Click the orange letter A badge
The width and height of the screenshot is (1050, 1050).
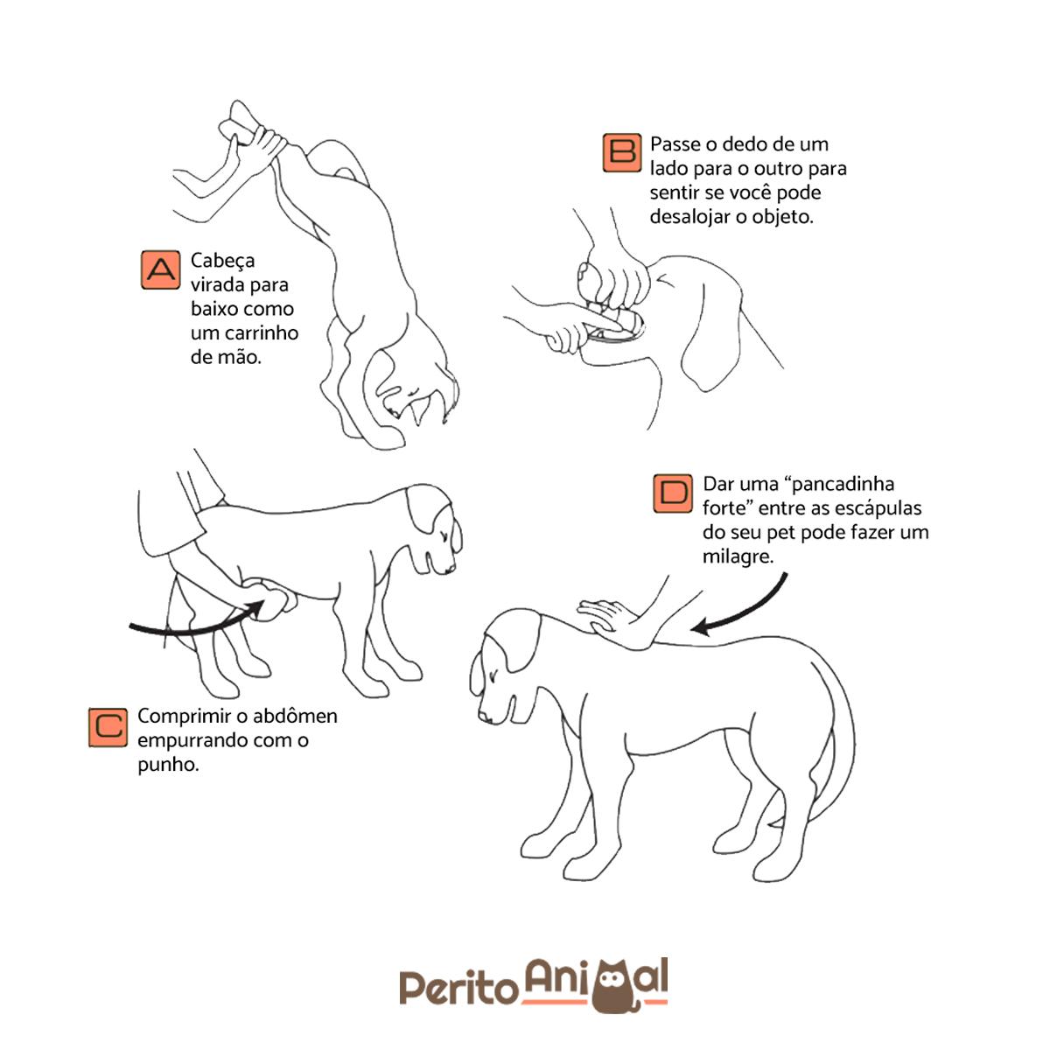[x=160, y=270]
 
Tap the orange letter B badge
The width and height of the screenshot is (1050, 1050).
[x=622, y=153]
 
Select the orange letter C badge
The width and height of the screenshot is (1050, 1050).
[x=108, y=727]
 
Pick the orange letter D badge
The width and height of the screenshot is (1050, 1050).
[x=673, y=493]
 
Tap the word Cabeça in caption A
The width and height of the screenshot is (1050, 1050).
[x=222, y=261]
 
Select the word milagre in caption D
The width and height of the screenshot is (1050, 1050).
[x=737, y=556]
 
